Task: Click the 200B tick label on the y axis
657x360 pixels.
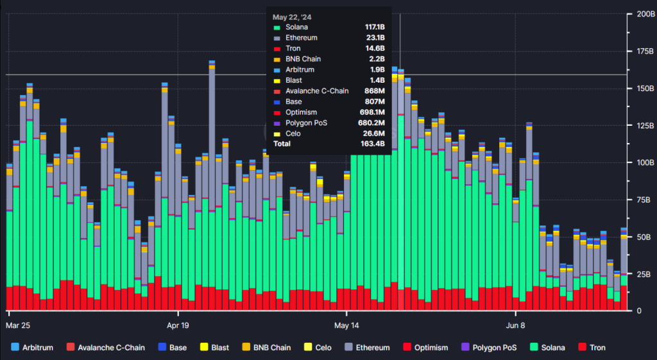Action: (x=645, y=14)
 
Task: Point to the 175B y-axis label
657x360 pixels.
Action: (x=645, y=51)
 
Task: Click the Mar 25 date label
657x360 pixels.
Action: (x=18, y=325)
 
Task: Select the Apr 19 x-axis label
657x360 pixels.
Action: (x=178, y=325)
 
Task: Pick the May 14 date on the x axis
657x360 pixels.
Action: (x=346, y=325)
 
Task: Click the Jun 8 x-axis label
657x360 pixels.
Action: (x=515, y=325)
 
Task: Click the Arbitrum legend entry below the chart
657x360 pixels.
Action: (x=32, y=347)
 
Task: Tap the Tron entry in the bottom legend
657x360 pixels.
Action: (x=592, y=347)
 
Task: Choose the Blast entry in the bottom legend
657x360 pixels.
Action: (x=214, y=347)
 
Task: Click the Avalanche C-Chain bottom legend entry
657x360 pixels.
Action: (x=106, y=347)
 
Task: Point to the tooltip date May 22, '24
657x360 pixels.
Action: (x=292, y=17)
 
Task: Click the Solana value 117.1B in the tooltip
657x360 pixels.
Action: (x=375, y=27)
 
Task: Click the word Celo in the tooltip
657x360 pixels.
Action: (x=293, y=133)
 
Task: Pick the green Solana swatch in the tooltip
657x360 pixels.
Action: (x=277, y=28)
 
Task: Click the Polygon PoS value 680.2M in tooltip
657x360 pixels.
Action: (x=372, y=123)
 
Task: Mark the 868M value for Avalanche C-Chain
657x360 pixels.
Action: (x=375, y=91)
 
